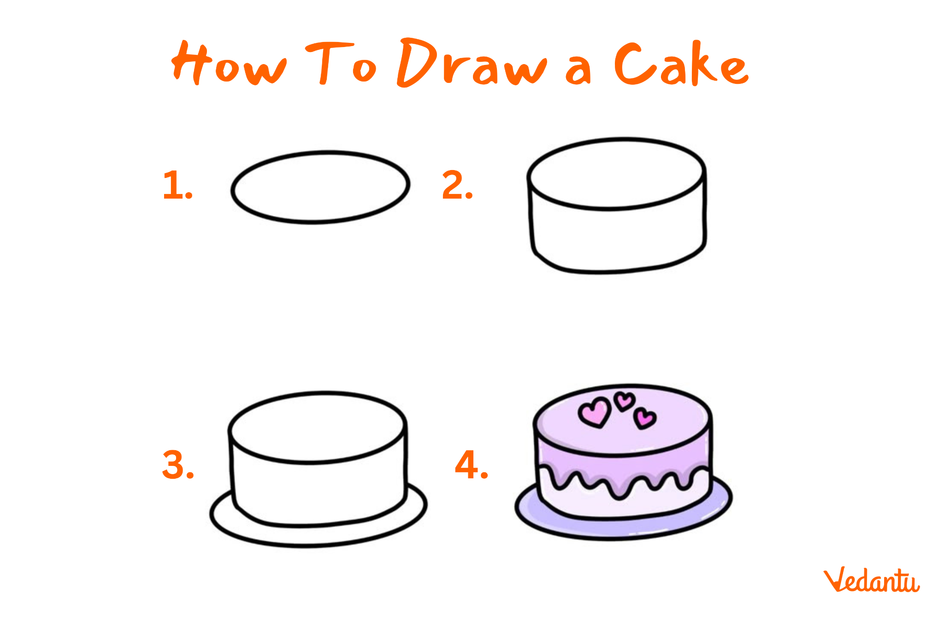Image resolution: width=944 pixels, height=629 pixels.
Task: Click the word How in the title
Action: [229, 63]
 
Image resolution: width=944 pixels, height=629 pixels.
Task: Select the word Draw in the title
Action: [472, 63]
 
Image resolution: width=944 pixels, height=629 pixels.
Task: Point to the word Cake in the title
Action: [682, 63]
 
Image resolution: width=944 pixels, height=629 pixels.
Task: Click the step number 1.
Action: [177, 185]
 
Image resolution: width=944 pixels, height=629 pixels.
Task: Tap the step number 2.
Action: [457, 185]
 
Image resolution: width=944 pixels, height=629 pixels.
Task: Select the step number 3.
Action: [178, 465]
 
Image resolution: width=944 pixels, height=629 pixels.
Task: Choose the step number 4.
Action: [471, 465]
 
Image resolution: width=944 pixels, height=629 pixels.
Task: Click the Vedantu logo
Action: [872, 580]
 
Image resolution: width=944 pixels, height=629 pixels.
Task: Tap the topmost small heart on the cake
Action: [625, 401]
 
